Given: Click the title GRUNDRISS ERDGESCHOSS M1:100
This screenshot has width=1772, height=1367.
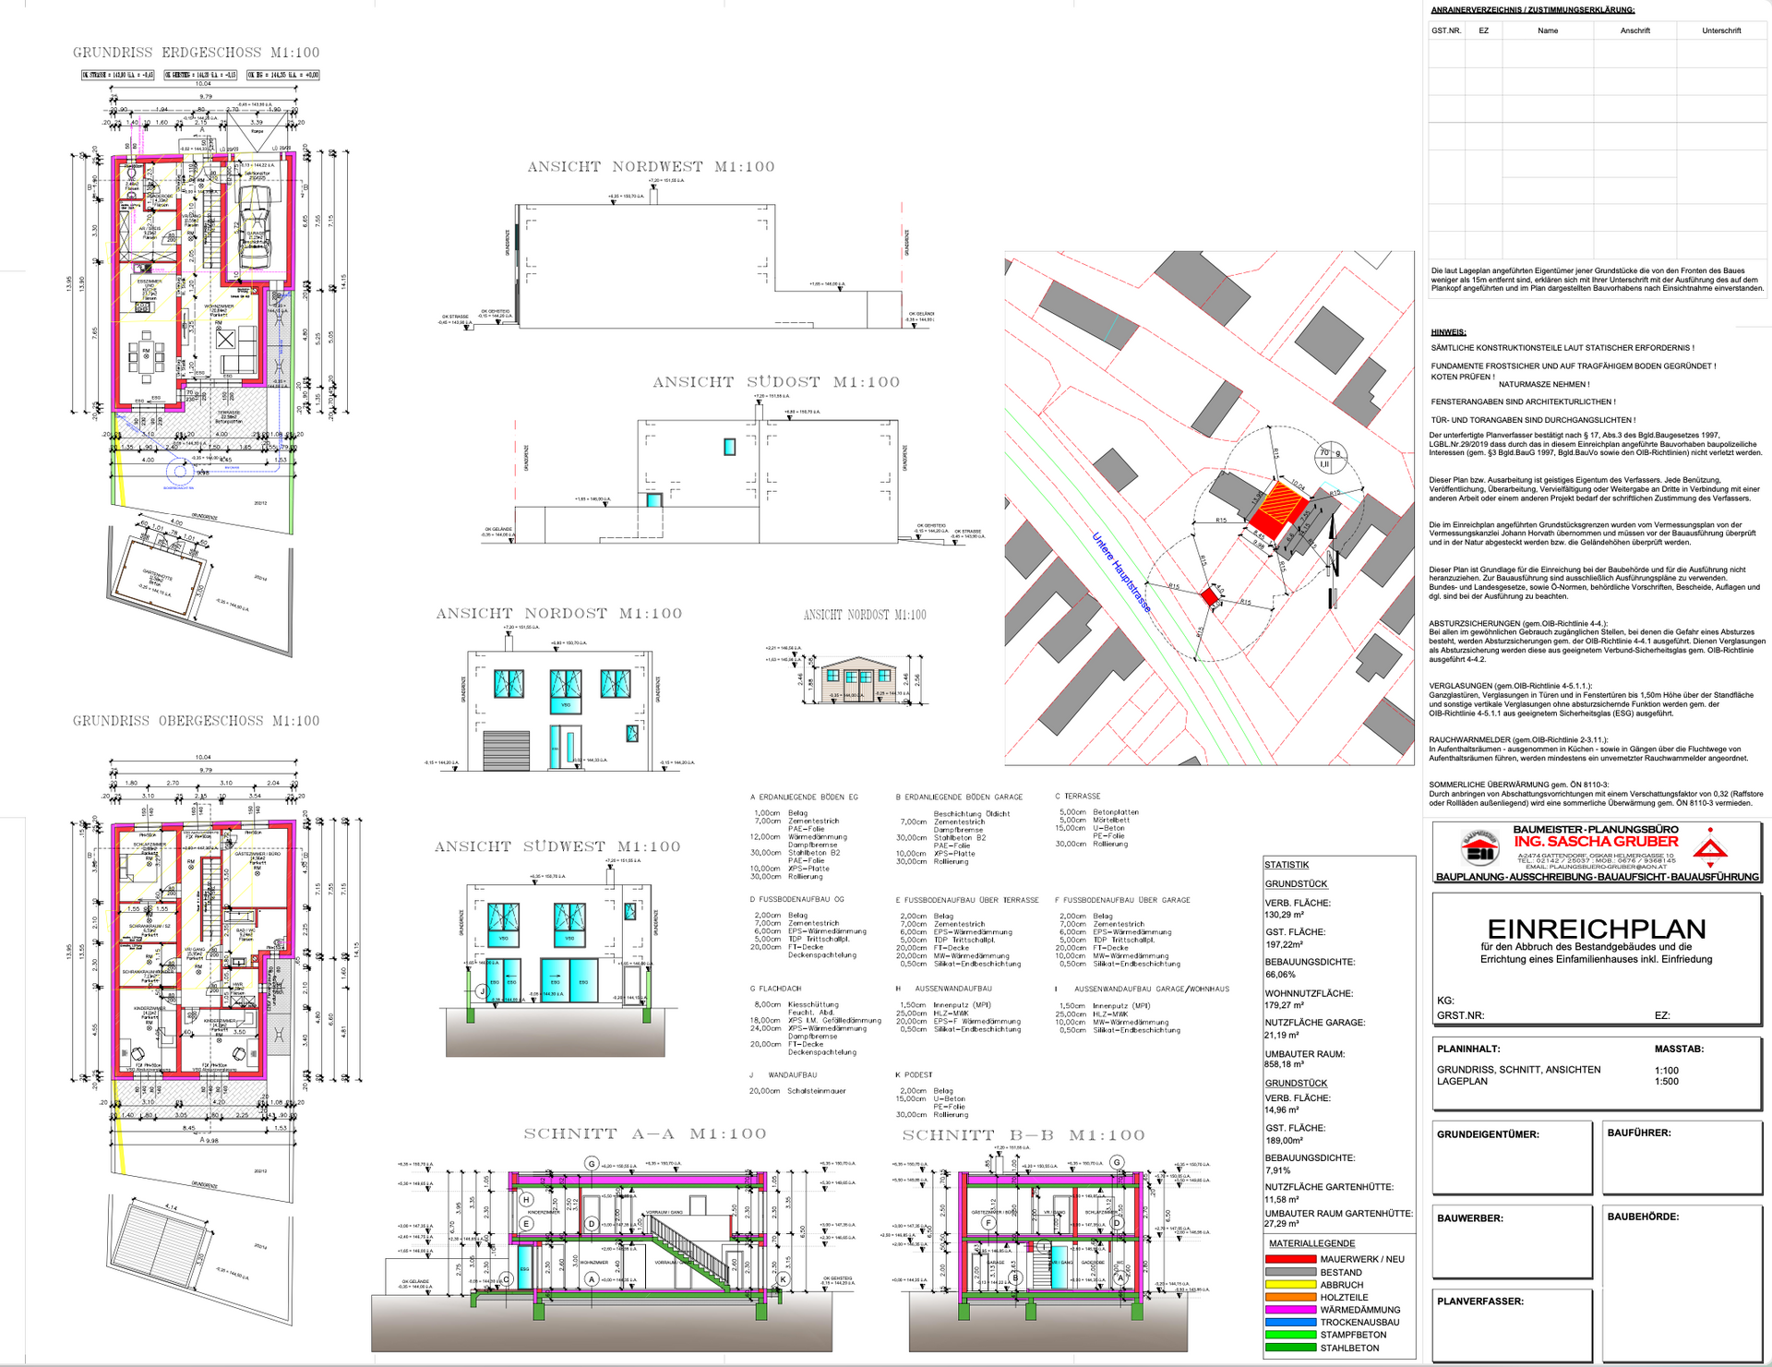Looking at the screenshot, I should tap(196, 53).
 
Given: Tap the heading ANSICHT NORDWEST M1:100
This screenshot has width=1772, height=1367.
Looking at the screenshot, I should tap(651, 167).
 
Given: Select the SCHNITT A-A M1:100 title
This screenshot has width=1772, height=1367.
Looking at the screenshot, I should tap(645, 1133).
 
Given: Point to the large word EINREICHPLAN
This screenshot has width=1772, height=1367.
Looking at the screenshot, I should tap(1596, 928).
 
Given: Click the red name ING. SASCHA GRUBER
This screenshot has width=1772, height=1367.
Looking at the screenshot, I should tap(1596, 842).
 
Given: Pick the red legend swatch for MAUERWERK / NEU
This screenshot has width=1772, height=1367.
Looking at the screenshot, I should tap(1290, 1259).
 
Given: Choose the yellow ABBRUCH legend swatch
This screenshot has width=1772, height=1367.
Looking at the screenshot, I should tap(1290, 1285).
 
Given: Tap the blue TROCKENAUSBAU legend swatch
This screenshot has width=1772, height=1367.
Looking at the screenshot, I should tap(1290, 1323).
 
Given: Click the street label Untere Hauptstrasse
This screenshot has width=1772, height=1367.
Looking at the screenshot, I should tap(1121, 572).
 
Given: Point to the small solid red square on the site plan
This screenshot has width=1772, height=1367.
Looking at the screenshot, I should tap(1209, 597).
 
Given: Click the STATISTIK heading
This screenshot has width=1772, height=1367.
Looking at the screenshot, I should tap(1286, 865).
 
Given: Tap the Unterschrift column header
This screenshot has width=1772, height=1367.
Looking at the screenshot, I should tap(1721, 30).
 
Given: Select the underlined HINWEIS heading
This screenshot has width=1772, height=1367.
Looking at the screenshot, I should tap(1448, 332).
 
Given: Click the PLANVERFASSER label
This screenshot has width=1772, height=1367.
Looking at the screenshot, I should tap(1479, 1301).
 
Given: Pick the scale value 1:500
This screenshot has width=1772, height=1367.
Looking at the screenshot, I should tap(1667, 1081).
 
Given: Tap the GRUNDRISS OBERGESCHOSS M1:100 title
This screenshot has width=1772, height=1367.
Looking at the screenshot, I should tap(196, 721).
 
